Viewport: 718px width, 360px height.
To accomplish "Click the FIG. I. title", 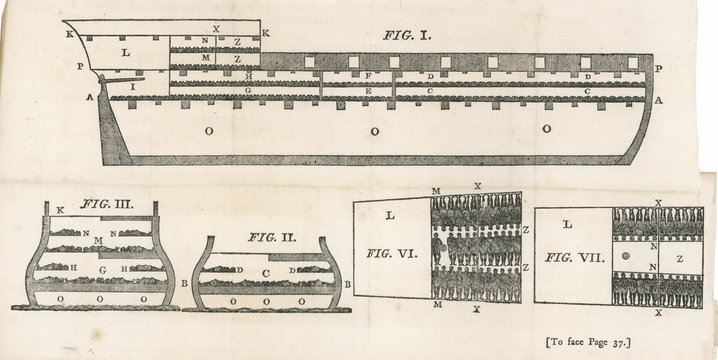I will pyautogui.click(x=407, y=35).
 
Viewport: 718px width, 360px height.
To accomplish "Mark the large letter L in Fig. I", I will pyautogui.click(x=125, y=51).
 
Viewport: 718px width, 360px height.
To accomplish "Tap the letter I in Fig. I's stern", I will pyautogui.click(x=133, y=88).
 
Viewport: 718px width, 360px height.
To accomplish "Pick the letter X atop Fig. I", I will pyautogui.click(x=217, y=30).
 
